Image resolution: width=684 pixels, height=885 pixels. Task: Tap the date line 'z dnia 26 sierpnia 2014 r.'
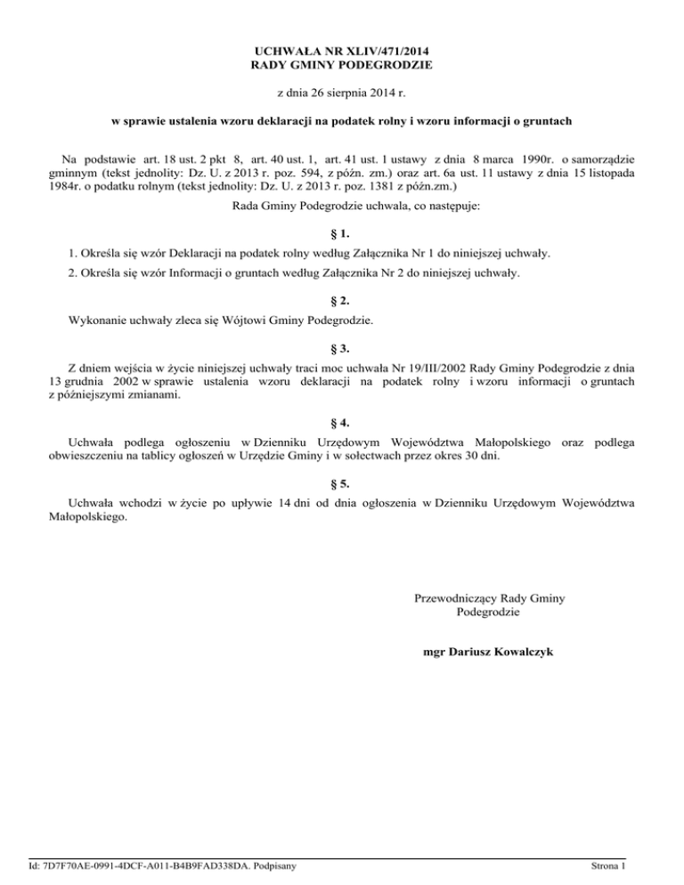pyautogui.click(x=341, y=93)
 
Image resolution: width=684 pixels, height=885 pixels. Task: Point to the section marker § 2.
pyautogui.click(x=342, y=300)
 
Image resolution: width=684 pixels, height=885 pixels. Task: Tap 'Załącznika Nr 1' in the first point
pyautogui.click(x=401, y=254)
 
